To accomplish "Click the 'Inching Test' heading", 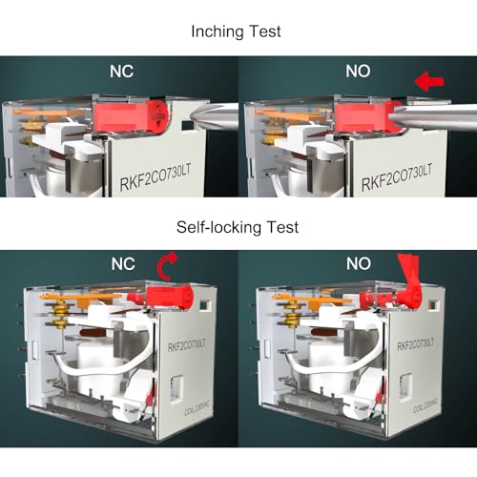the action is (x=236, y=31).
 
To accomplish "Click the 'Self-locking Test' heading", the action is (x=238, y=227).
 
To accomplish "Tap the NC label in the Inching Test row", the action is (x=122, y=72).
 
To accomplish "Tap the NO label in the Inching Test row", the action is (x=358, y=72).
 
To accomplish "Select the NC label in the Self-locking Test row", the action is (x=123, y=264).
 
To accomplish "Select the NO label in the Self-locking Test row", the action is (x=359, y=263).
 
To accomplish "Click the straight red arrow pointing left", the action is (x=429, y=81).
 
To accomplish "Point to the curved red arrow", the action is (x=165, y=266).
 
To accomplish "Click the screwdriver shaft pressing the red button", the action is (x=432, y=117).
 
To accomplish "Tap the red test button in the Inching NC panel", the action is (x=132, y=115).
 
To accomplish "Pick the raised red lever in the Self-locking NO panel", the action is (x=409, y=280).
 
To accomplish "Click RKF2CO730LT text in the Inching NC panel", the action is (x=156, y=178).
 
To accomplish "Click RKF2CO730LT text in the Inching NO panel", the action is (x=397, y=177).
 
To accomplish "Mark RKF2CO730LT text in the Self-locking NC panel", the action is (x=187, y=345).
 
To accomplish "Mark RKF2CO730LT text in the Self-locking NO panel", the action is (x=415, y=344).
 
